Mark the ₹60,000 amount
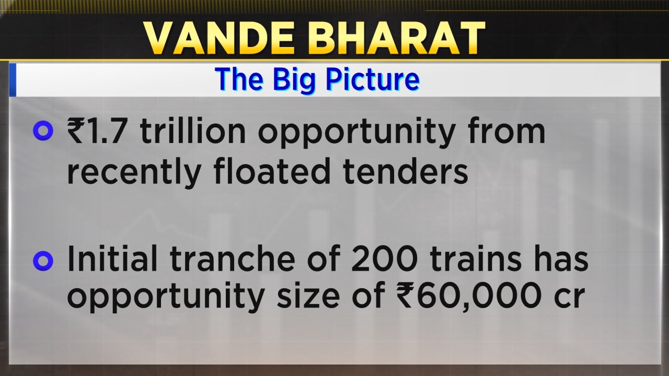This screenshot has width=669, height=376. point(469,297)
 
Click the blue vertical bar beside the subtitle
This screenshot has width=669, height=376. point(13,80)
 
